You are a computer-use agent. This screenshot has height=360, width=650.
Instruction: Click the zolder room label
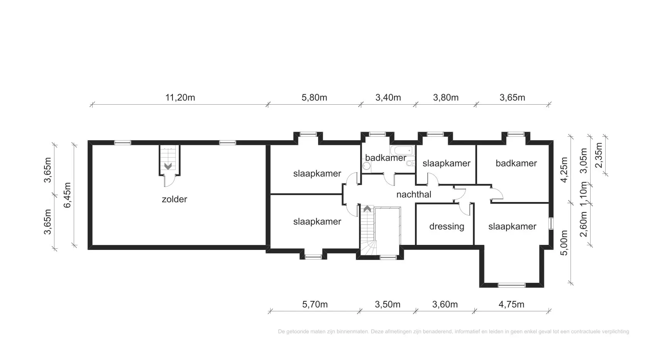(174, 199)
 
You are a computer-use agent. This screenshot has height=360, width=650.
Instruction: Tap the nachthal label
(414, 194)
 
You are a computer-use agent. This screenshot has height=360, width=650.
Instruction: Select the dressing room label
(447, 226)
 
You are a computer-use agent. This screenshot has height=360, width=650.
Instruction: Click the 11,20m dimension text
(180, 98)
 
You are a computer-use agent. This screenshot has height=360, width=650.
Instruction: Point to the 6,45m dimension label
(67, 195)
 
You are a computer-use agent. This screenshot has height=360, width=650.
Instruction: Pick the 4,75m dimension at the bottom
(511, 304)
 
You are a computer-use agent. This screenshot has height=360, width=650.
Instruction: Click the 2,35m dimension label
(599, 155)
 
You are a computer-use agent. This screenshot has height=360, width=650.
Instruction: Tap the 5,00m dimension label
(564, 243)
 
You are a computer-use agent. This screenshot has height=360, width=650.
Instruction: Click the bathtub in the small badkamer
(402, 151)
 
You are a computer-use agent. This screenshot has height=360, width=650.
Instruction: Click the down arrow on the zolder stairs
(168, 166)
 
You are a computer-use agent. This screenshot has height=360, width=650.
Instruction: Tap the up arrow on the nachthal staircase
(367, 209)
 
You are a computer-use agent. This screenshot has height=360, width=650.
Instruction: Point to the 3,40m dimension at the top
(388, 98)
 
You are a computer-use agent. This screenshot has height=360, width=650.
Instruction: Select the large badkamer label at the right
(516, 163)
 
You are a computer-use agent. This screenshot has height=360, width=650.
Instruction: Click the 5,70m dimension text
(315, 304)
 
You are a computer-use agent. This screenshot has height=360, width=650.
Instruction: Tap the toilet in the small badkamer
(410, 163)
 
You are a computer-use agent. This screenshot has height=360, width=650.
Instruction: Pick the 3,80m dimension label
(446, 98)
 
